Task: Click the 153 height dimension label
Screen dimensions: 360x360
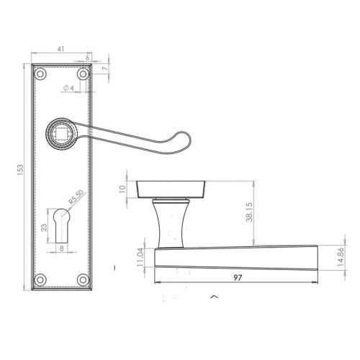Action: tap(20, 170)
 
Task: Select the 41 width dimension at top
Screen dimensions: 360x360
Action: tap(60, 49)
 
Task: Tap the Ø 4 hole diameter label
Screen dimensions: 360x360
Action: tap(68, 88)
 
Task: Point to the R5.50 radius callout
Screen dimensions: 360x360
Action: tap(76, 197)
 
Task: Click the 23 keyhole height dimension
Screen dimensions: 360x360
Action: tap(44, 228)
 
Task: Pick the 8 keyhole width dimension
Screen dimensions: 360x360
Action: tap(62, 248)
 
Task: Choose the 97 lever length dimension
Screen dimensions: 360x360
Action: tap(238, 278)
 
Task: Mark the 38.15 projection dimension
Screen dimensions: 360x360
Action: tap(249, 212)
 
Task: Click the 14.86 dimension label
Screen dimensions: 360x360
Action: tap(341, 257)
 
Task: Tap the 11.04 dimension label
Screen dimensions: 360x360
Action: tap(140, 257)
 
